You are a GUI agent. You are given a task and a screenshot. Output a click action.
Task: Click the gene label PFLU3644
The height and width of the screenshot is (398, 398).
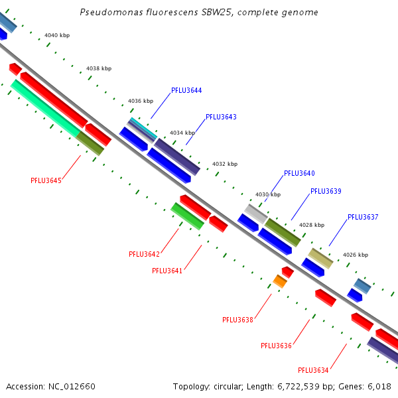[x=186, y=90]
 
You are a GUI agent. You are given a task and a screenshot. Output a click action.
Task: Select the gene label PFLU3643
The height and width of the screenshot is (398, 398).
[x=221, y=117]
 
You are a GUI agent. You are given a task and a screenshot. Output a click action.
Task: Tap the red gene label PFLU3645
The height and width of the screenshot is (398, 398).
[x=46, y=180]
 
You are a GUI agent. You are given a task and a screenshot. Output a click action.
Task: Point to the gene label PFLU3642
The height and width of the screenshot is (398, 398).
[x=144, y=254]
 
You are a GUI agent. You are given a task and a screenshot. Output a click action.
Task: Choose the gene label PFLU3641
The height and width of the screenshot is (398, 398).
[x=167, y=271]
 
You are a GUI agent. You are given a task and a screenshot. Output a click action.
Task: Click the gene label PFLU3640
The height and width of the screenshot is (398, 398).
[x=299, y=173]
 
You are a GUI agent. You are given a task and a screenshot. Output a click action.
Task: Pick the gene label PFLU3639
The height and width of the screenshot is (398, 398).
[x=326, y=191]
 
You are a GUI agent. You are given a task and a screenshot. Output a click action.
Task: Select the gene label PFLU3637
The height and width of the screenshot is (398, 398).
[x=363, y=217]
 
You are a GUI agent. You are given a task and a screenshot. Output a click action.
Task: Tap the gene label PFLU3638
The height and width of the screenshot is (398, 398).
[x=237, y=320]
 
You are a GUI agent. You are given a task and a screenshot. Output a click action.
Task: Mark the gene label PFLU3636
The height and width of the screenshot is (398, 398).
[x=276, y=346]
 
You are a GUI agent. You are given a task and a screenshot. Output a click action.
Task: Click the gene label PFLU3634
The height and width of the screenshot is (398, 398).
[x=313, y=370]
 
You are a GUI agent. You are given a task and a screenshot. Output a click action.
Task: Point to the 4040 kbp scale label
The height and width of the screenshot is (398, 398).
[x=56, y=35]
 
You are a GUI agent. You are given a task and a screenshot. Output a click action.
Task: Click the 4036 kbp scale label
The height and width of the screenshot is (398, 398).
[x=140, y=101]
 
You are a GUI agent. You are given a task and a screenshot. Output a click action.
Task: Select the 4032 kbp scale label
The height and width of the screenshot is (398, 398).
[x=224, y=164]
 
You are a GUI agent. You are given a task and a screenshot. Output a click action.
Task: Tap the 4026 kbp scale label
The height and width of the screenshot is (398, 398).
[x=355, y=255]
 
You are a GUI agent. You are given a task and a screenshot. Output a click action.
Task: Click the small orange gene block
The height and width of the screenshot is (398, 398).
[x=280, y=281]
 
